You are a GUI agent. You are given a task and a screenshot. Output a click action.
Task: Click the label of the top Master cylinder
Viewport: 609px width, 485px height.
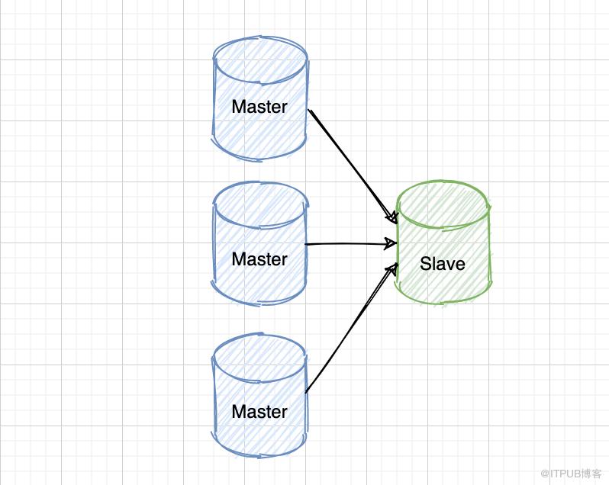point(259,107)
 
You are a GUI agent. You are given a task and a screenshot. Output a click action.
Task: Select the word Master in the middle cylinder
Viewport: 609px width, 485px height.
point(259,259)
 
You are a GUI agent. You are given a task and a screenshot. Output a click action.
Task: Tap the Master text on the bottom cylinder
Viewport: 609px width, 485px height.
point(259,412)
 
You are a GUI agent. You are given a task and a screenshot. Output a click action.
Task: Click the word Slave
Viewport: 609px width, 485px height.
point(443,265)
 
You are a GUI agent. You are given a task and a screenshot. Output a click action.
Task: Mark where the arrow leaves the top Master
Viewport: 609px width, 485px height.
point(310,111)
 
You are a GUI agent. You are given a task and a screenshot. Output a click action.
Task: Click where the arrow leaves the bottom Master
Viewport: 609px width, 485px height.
point(307,392)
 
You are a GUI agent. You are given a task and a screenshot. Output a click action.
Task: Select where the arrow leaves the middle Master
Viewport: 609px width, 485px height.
point(307,245)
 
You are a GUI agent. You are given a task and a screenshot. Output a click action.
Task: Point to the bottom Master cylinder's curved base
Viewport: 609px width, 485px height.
point(259,453)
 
